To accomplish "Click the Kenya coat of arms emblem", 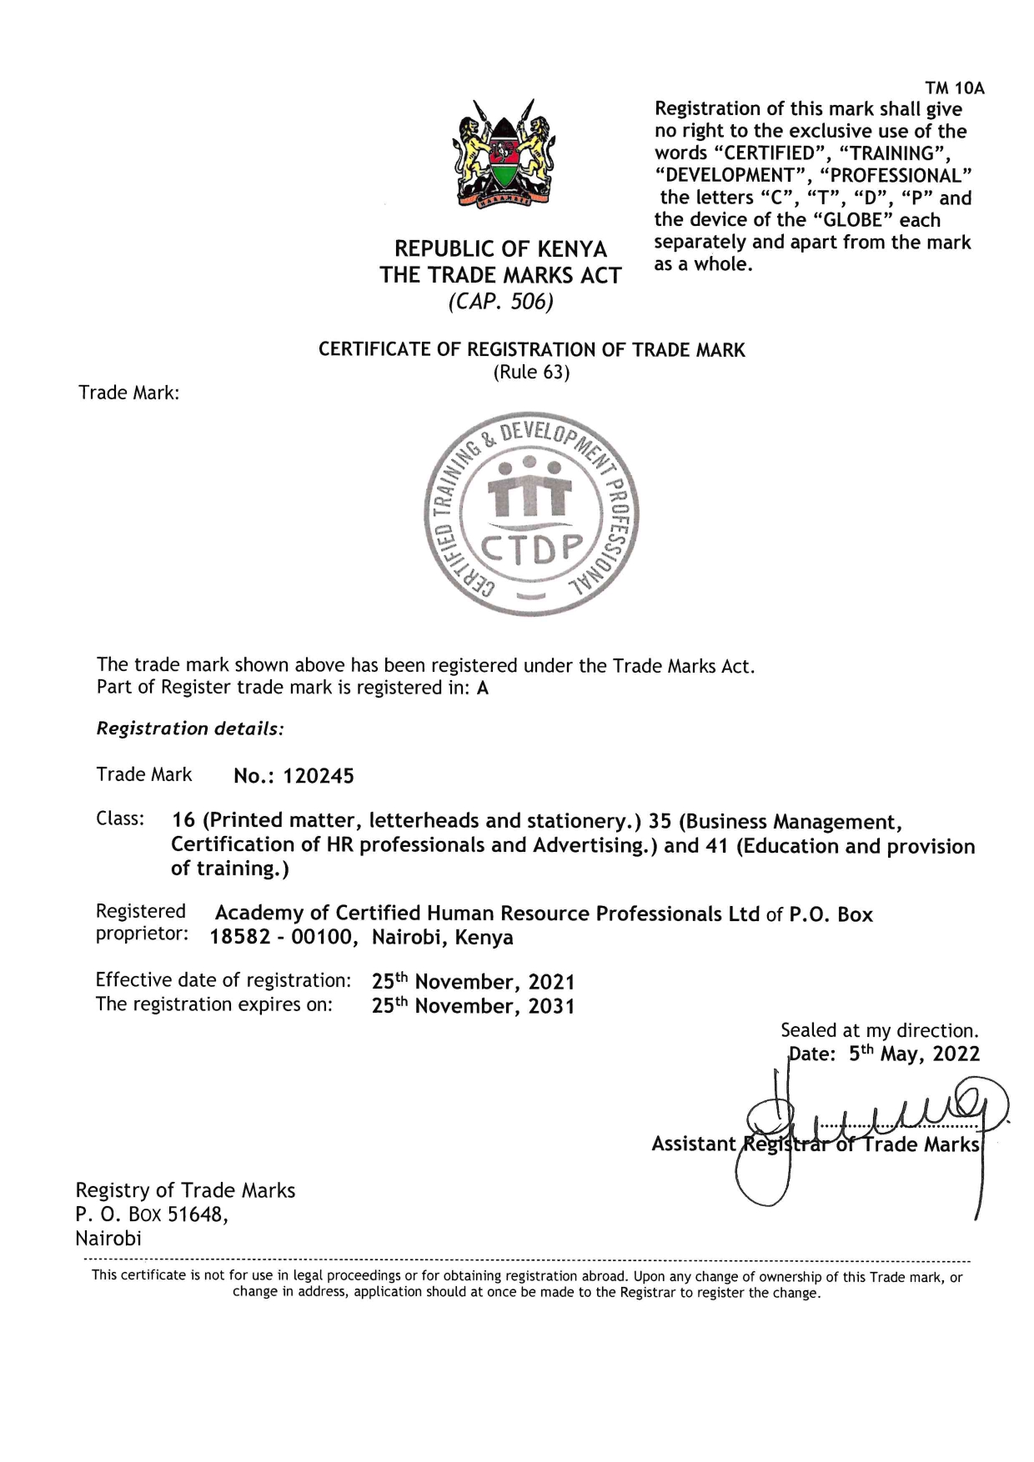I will pyautogui.click(x=504, y=153).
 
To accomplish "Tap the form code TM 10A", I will pyautogui.click(x=955, y=88).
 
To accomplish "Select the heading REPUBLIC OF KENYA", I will pyautogui.click(x=500, y=248).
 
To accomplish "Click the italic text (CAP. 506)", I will pyautogui.click(x=500, y=301).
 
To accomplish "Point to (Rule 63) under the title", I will pyautogui.click(x=531, y=373).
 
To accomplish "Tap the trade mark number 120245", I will pyautogui.click(x=318, y=777).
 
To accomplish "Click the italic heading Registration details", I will pyautogui.click(x=190, y=728).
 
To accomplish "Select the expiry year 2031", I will pyautogui.click(x=551, y=1006).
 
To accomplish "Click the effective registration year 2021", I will pyautogui.click(x=551, y=982).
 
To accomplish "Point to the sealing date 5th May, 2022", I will pyautogui.click(x=914, y=1054).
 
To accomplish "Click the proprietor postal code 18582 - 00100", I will pyautogui.click(x=284, y=938).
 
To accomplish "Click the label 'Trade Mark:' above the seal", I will pyautogui.click(x=128, y=393).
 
